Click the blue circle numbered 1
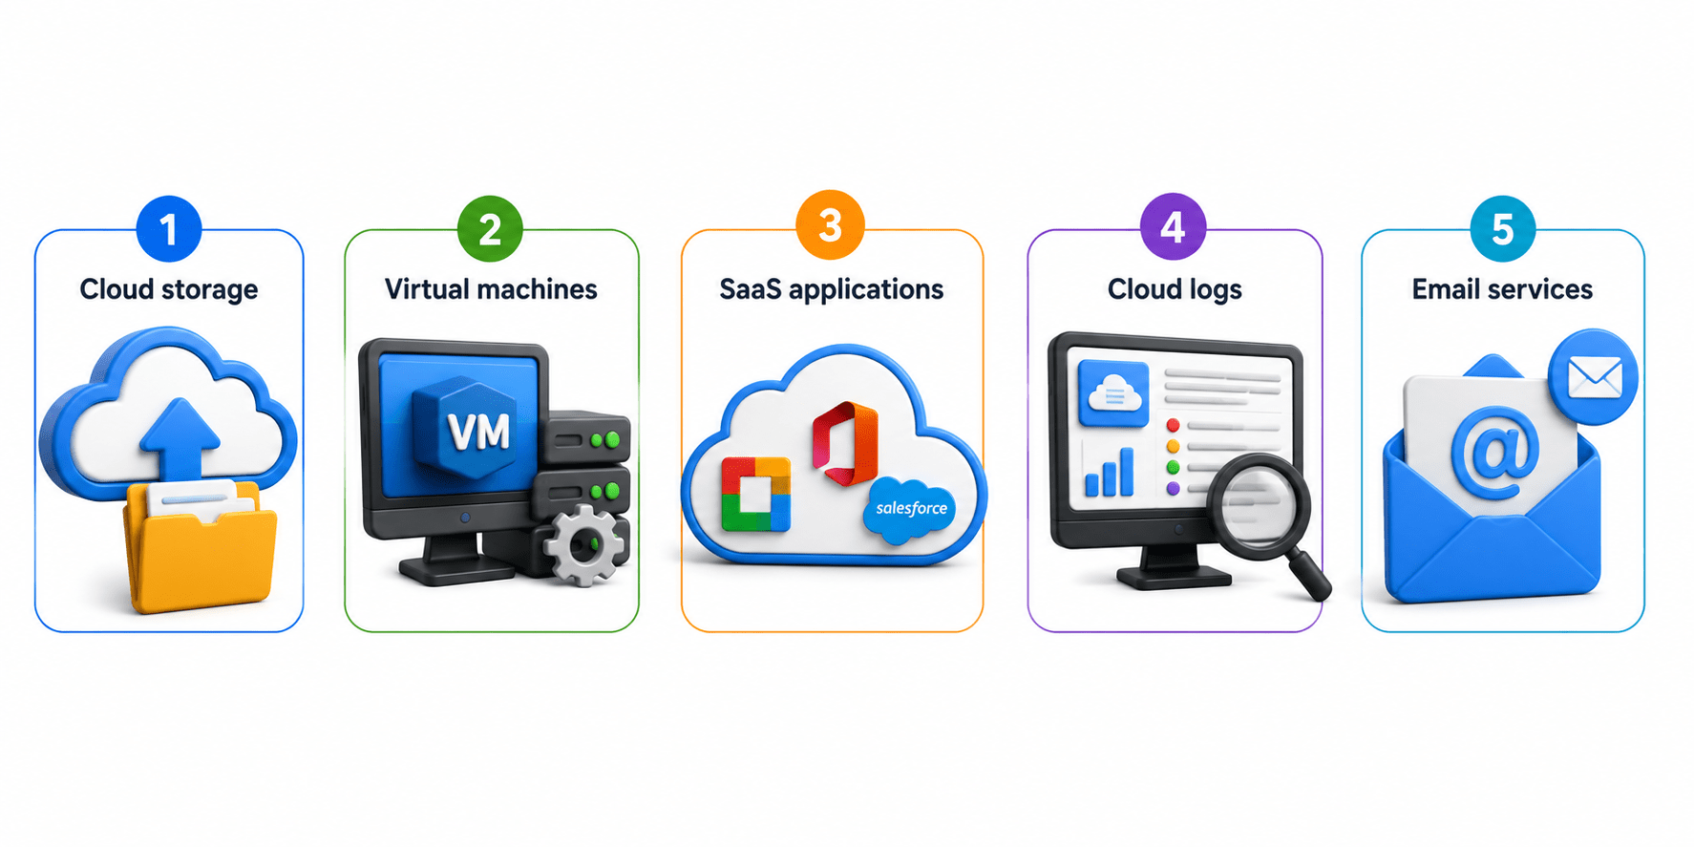[169, 229]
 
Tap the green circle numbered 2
[490, 229]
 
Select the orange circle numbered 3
[830, 225]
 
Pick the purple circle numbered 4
[1173, 227]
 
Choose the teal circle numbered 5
[1502, 229]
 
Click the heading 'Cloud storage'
[169, 289]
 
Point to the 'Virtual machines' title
[491, 288]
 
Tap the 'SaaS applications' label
[832, 289]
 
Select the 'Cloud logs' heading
[1175, 289]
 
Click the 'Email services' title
[1502, 288]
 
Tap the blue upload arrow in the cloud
[180, 437]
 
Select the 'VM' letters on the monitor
[478, 433]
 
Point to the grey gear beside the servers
[583, 545]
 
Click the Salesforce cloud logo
[911, 509]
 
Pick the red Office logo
[845, 443]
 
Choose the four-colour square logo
[755, 494]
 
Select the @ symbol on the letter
[1494, 453]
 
